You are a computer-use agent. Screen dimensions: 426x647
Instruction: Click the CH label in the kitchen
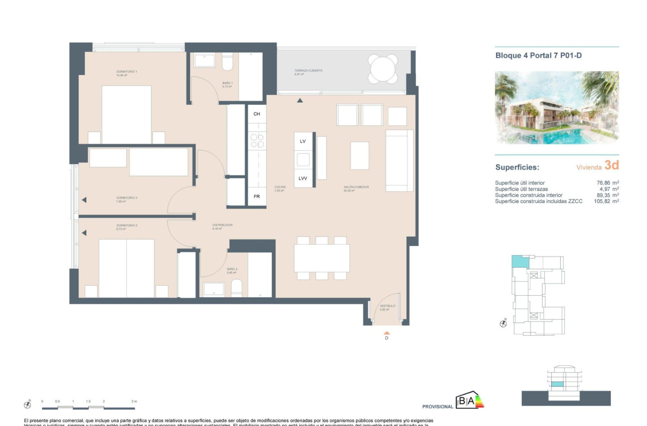256,114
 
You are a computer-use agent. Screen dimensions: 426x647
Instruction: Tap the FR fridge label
256,196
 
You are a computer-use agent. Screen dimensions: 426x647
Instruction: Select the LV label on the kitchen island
302,142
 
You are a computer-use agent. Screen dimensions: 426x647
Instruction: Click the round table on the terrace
383,69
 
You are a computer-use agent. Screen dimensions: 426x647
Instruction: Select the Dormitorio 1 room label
126,72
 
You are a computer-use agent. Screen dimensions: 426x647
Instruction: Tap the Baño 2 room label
232,269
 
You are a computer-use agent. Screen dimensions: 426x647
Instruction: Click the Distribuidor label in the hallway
222,225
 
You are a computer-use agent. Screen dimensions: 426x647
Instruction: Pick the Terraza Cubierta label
308,71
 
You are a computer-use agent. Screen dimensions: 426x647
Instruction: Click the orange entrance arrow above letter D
386,332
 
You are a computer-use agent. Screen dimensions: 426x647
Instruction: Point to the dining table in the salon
321,258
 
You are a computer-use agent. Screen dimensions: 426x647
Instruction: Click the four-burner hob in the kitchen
257,141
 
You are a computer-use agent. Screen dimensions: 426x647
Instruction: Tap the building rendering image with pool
557,108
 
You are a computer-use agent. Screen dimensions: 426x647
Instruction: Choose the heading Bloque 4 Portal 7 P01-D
538,56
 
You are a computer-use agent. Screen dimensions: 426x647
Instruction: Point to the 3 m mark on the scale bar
134,401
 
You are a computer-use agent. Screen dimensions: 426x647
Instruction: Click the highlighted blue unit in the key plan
520,261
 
